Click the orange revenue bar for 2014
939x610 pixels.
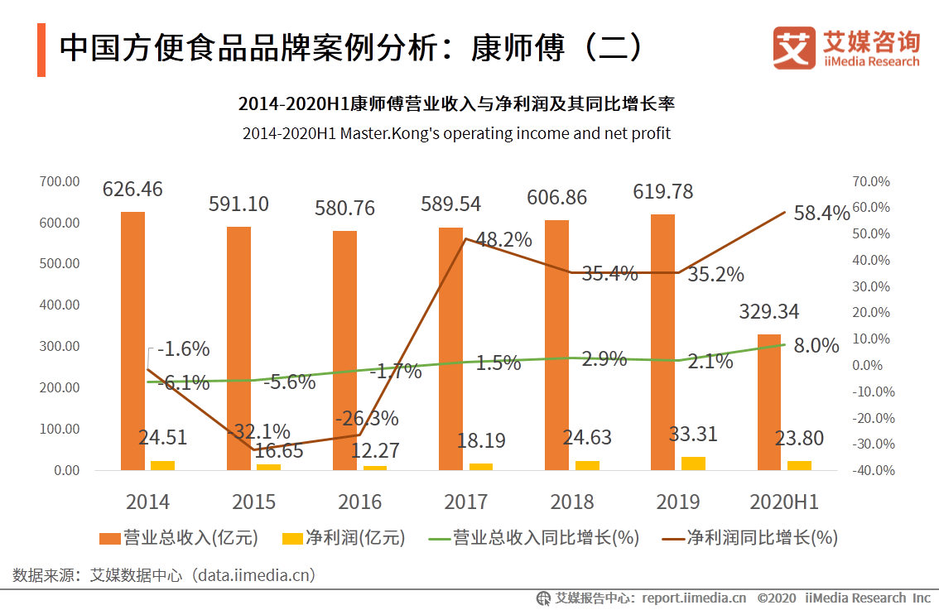tap(132, 341)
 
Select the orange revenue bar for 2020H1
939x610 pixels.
tap(769, 402)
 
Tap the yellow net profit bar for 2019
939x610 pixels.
tap(693, 464)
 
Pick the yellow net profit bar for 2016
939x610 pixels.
tap(375, 468)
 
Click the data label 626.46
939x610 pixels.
tap(132, 190)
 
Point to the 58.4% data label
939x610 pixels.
tap(822, 214)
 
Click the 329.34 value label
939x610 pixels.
tap(769, 312)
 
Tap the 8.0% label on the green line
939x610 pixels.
tap(816, 346)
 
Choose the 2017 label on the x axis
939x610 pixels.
tap(466, 502)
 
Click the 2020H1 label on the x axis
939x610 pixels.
tap(783, 502)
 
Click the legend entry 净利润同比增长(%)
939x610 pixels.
tap(751, 538)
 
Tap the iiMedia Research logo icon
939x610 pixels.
tap(794, 49)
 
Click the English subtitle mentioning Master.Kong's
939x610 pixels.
tap(456, 132)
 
